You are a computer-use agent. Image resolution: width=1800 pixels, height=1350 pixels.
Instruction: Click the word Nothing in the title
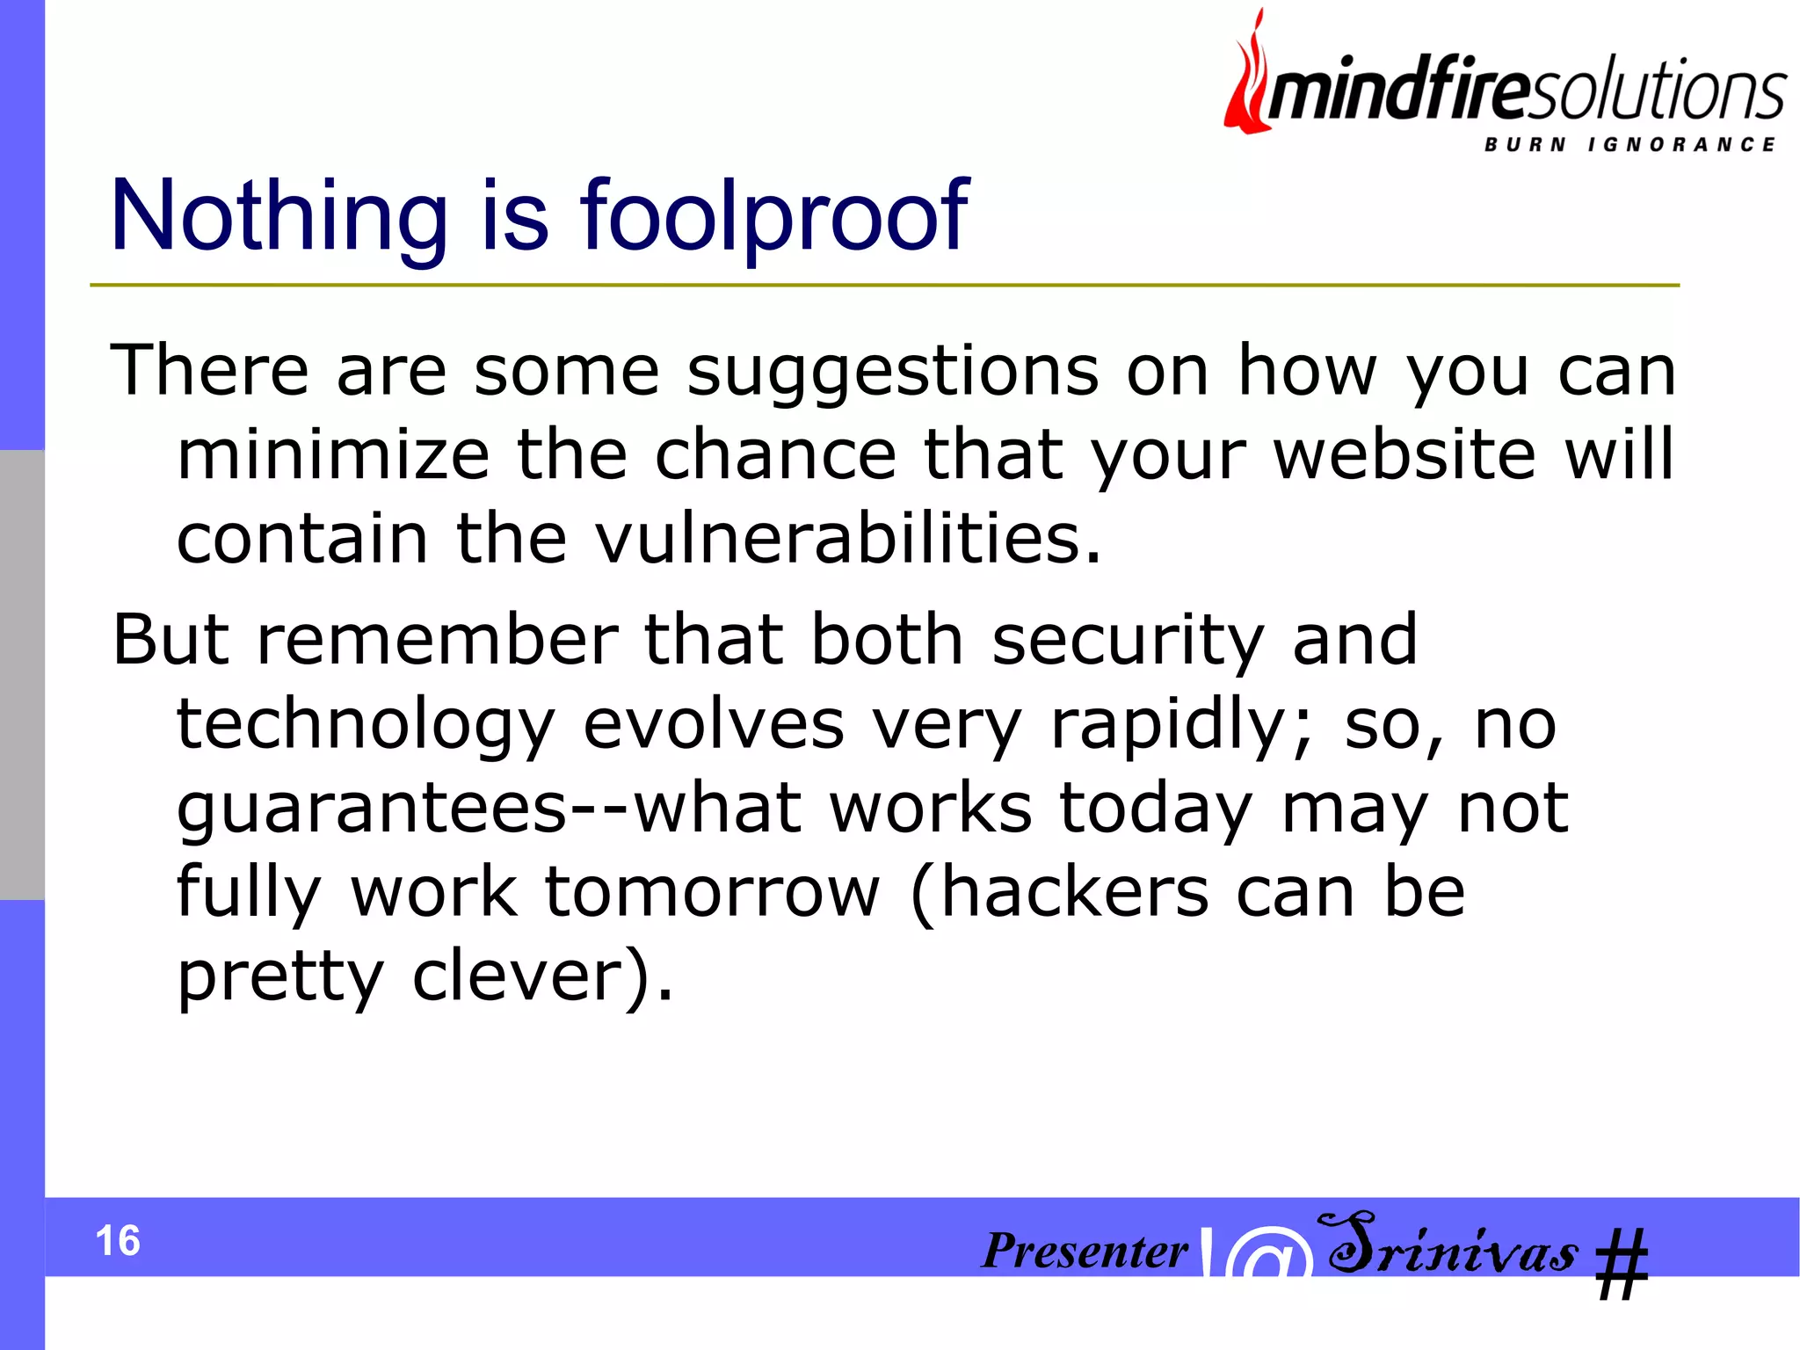click(x=279, y=216)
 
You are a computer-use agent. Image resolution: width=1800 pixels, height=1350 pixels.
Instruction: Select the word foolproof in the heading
click(x=773, y=216)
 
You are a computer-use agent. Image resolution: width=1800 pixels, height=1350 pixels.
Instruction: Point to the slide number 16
click(x=118, y=1240)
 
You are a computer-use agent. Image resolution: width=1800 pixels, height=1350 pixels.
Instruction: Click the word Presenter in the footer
click(x=1085, y=1250)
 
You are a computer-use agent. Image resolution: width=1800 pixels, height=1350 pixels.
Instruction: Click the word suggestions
click(x=892, y=371)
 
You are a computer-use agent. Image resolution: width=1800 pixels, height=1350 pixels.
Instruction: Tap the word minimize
click(x=333, y=455)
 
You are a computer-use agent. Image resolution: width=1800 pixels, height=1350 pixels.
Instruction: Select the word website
click(x=1405, y=455)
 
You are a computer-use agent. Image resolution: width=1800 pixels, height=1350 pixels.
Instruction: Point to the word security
click(x=1129, y=640)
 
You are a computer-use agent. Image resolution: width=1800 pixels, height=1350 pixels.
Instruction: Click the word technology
click(x=366, y=726)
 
